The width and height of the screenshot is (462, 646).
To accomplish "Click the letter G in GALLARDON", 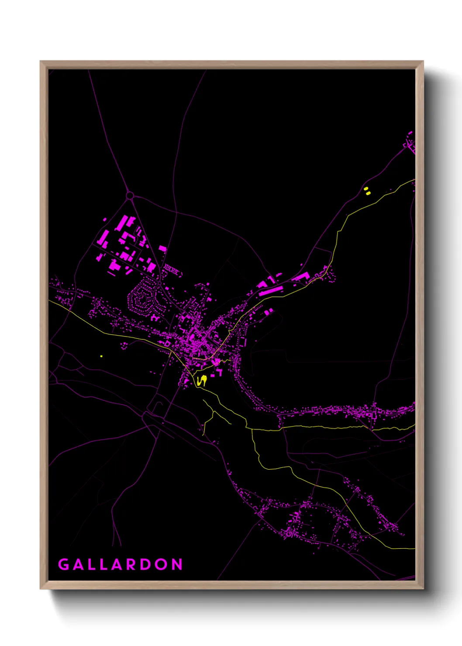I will (64, 564).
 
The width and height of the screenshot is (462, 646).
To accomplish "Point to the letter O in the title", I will (162, 564).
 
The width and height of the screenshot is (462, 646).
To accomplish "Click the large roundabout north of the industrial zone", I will (130, 196).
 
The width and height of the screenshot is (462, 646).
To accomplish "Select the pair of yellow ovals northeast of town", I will (367, 191).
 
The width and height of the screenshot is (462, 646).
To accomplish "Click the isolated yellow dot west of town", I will (101, 356).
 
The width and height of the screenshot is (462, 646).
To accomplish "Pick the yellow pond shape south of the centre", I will (202, 381).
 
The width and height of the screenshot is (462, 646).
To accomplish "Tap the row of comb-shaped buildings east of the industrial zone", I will (171, 269).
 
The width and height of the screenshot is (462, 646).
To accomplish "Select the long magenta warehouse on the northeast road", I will (271, 290).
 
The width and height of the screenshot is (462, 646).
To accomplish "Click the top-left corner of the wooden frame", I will (41, 62).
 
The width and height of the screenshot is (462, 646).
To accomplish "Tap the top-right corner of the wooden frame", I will (423, 62).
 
